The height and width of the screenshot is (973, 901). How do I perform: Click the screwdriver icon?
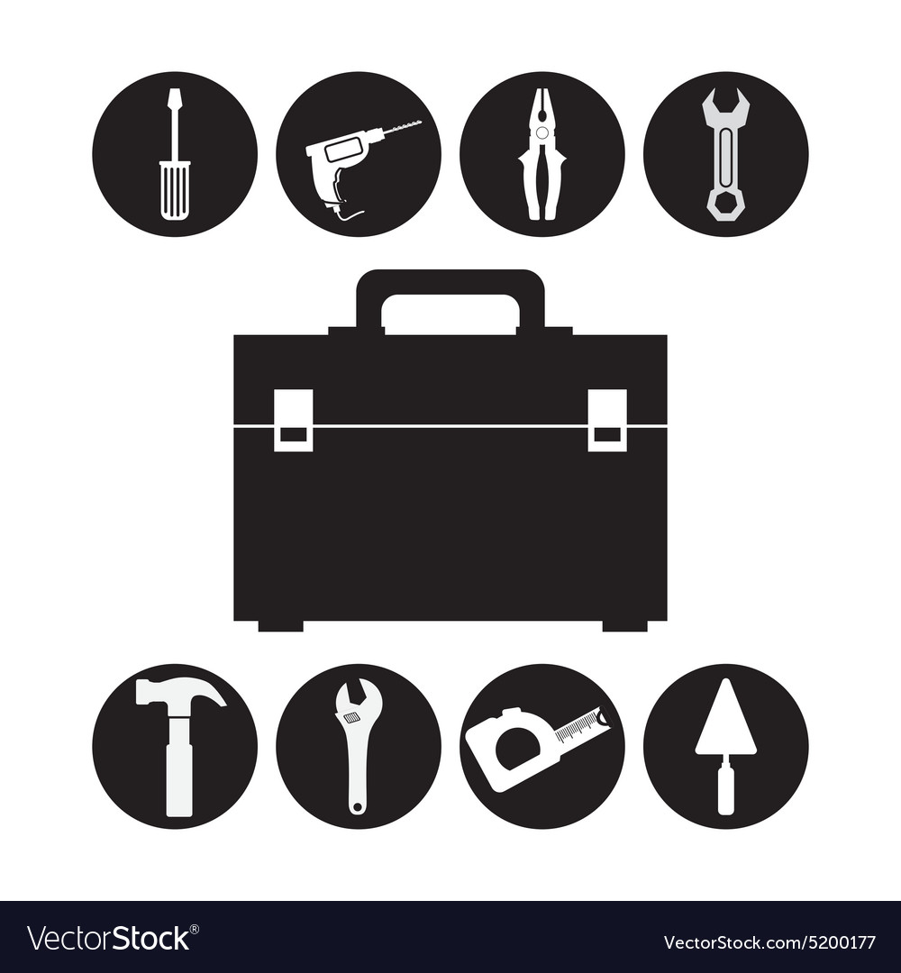tap(175, 154)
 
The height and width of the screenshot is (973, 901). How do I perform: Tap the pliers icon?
tap(542, 154)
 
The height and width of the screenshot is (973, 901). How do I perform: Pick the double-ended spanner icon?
tap(725, 154)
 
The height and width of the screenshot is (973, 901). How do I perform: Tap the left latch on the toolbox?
tap(293, 420)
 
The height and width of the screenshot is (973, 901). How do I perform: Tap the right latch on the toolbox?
tap(607, 420)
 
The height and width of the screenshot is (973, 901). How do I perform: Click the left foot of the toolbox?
tap(280, 625)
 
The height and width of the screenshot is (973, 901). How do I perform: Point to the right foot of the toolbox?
tap(624, 625)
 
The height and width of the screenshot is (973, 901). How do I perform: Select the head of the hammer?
tap(180, 692)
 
